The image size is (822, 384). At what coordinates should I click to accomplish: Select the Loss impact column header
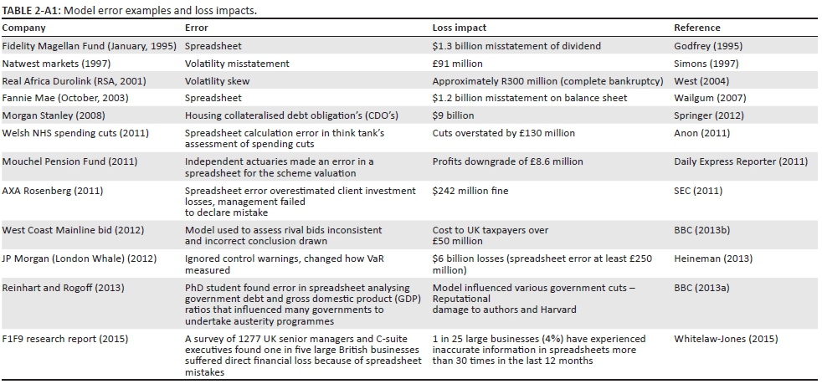[x=459, y=28]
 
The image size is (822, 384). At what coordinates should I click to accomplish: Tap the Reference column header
[x=697, y=28]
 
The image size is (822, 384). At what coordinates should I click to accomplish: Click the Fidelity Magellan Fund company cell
[x=90, y=45]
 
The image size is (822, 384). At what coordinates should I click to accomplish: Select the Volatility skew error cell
[x=217, y=81]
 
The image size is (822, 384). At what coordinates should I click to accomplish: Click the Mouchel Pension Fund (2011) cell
[x=70, y=161]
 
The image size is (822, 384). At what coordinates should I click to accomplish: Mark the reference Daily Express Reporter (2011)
[x=740, y=161]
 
